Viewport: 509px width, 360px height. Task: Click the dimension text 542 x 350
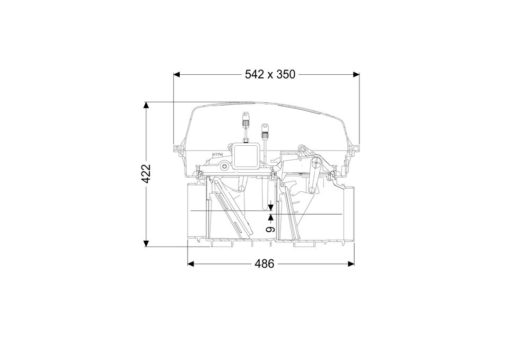coord(270,74)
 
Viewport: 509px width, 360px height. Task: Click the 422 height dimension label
coord(146,174)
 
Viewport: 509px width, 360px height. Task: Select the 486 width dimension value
coord(264,264)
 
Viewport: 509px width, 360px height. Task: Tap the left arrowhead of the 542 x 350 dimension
coord(177,75)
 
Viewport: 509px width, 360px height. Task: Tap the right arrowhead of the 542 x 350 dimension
coord(356,75)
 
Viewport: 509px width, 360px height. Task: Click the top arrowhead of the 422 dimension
coord(146,105)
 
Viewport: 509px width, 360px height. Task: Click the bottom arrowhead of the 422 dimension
coord(146,243)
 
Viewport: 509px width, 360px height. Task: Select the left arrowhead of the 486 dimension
coord(191,264)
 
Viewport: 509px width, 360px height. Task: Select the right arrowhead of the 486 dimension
coord(350,264)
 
